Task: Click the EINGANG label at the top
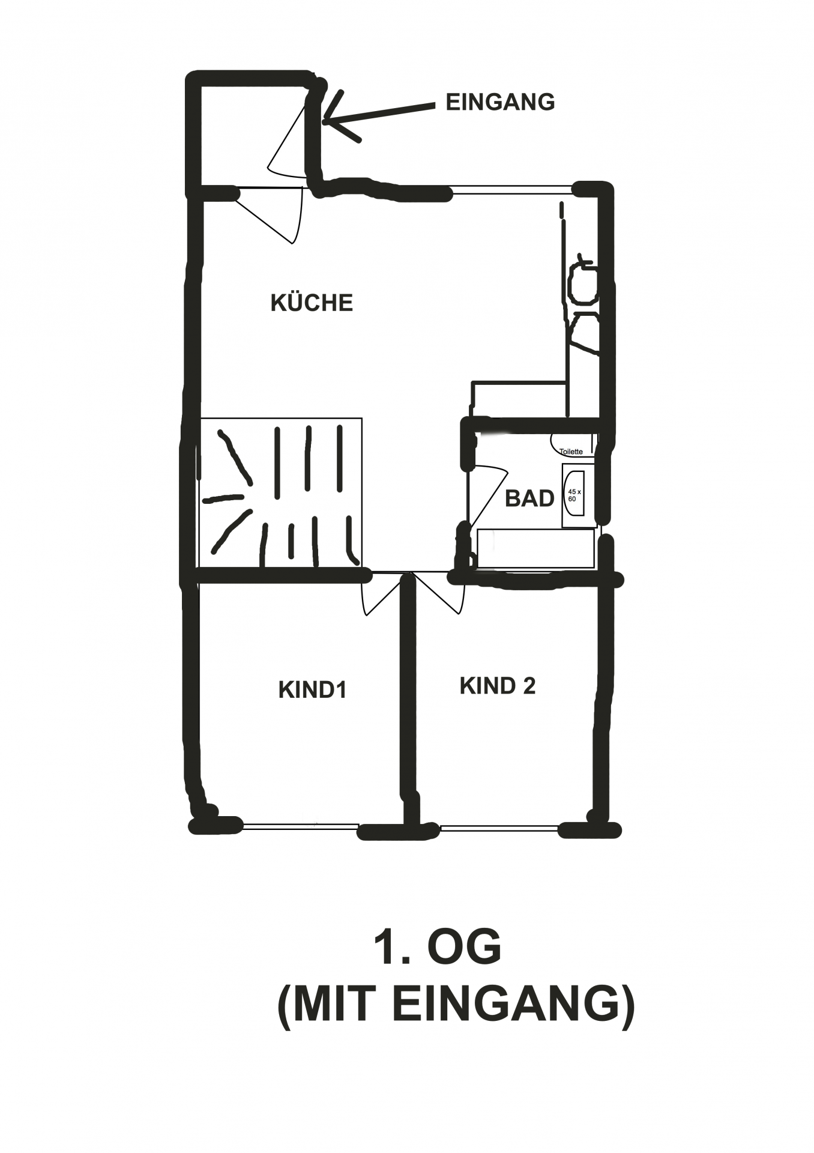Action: (500, 102)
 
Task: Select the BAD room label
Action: (529, 498)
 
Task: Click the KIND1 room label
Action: (312, 689)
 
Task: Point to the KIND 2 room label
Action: (497, 686)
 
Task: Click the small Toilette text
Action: (571, 452)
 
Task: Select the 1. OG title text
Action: (437, 948)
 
